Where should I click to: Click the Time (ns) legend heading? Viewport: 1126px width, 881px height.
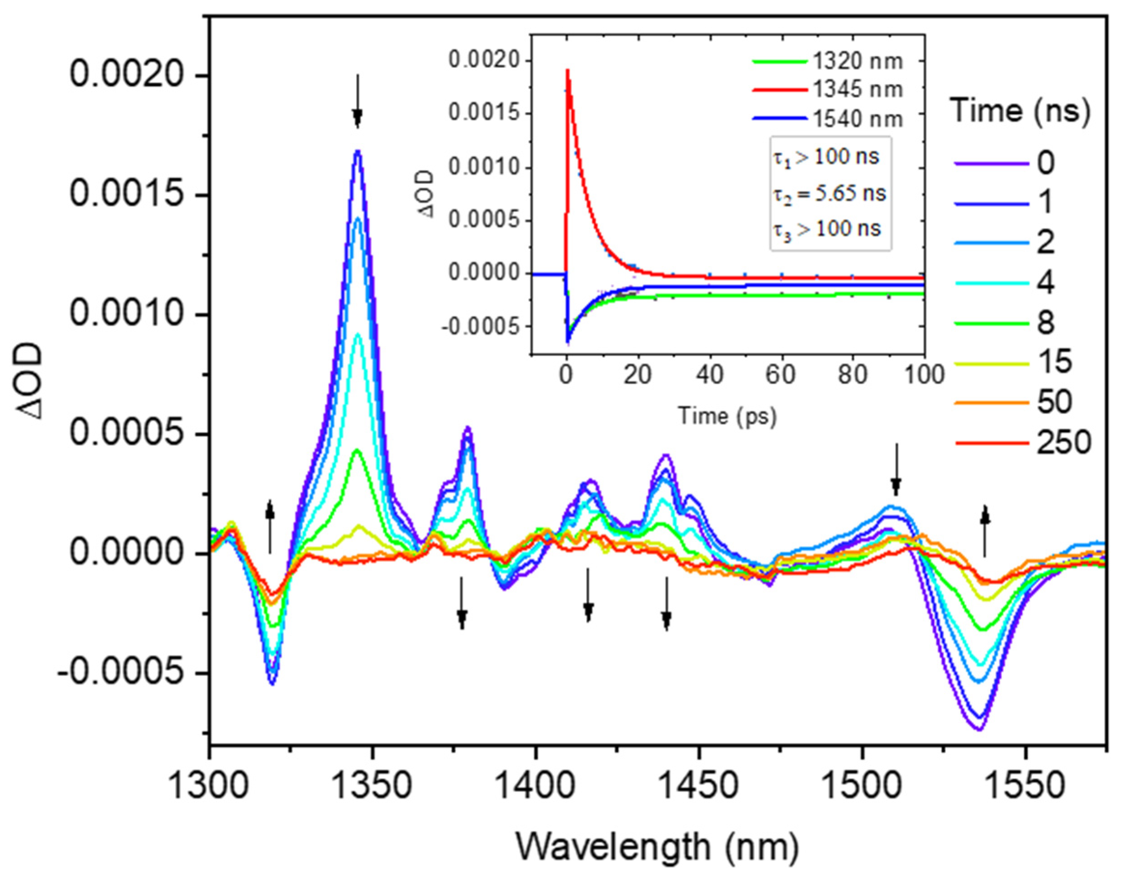coord(1020,110)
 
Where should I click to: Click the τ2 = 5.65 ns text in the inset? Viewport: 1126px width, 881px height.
coord(829,194)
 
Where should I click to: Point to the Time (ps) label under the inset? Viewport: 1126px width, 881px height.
coord(727,416)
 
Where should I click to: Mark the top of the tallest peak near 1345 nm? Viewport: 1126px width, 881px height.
coord(358,151)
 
